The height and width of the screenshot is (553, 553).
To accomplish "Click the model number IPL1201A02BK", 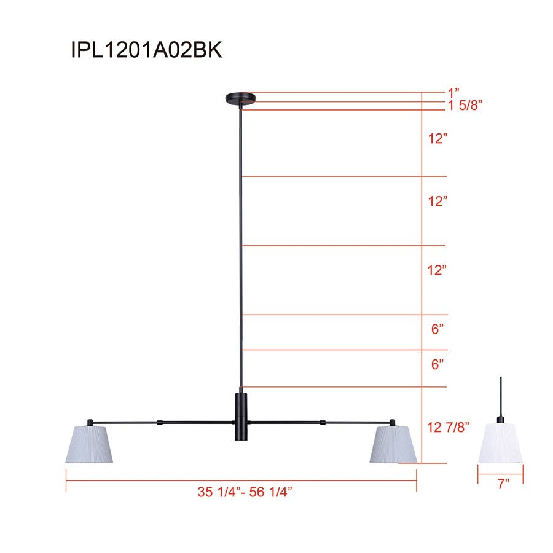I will (x=146, y=50).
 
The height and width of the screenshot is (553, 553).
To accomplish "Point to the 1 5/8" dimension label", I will (x=465, y=105).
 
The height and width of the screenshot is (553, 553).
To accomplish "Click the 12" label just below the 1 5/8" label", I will (x=437, y=139).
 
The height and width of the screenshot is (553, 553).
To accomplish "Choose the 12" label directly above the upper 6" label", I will (x=437, y=270).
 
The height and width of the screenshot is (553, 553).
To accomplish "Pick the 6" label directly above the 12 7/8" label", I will (x=437, y=364).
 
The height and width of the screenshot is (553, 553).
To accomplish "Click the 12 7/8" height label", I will (x=448, y=427).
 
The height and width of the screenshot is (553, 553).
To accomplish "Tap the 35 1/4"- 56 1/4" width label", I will (x=245, y=492).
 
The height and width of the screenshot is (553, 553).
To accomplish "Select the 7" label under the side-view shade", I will (x=504, y=484).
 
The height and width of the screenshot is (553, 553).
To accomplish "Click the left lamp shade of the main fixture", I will (x=90, y=444).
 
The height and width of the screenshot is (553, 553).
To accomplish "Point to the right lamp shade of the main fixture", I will (x=393, y=444).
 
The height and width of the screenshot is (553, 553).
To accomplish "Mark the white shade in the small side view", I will (x=501, y=442).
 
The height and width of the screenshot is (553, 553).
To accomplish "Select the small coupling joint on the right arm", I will (x=322, y=422).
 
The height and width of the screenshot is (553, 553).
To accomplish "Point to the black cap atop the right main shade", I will (x=391, y=422).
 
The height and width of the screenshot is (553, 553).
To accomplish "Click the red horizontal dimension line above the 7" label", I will (x=501, y=474).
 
